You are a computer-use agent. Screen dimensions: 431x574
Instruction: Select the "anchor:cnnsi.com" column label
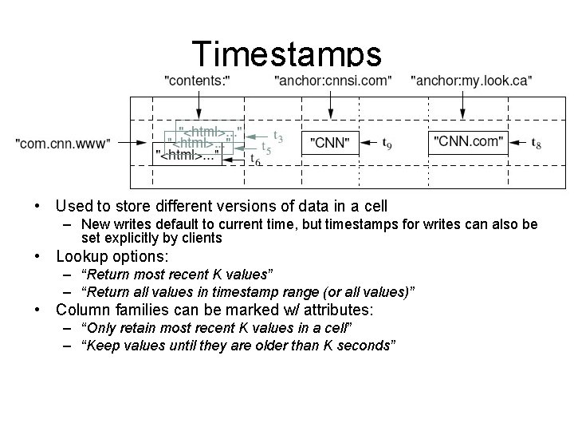332,80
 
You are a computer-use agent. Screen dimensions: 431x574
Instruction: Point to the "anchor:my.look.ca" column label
472,80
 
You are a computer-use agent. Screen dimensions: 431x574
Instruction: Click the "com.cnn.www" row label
64,143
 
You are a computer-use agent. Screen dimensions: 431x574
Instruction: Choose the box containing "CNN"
329,143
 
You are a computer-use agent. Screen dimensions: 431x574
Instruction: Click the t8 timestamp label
538,144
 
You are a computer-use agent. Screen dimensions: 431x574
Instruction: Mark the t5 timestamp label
267,148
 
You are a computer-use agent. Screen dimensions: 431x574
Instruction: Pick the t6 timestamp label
255,161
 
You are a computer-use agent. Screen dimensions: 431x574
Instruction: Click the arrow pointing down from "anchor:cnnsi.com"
331,103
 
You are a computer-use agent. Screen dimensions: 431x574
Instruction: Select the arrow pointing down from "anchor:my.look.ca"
463,103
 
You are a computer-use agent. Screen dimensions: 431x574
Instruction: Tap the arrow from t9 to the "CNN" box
368,144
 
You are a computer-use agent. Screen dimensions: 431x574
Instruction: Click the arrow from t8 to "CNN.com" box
518,144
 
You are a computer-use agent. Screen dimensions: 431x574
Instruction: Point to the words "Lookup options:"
112,257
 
